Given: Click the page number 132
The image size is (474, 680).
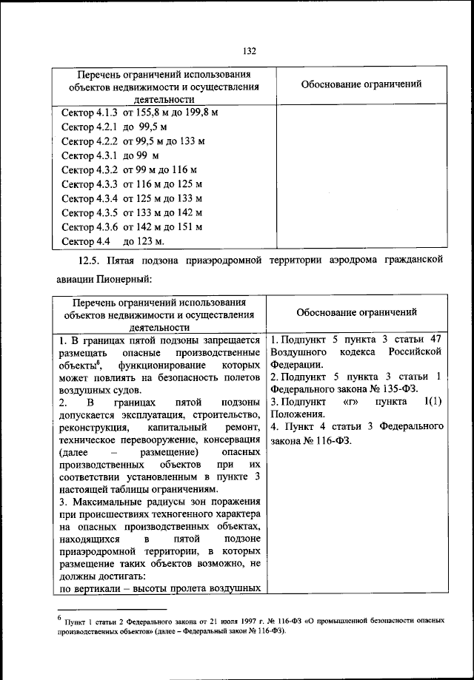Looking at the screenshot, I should [x=249, y=50].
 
